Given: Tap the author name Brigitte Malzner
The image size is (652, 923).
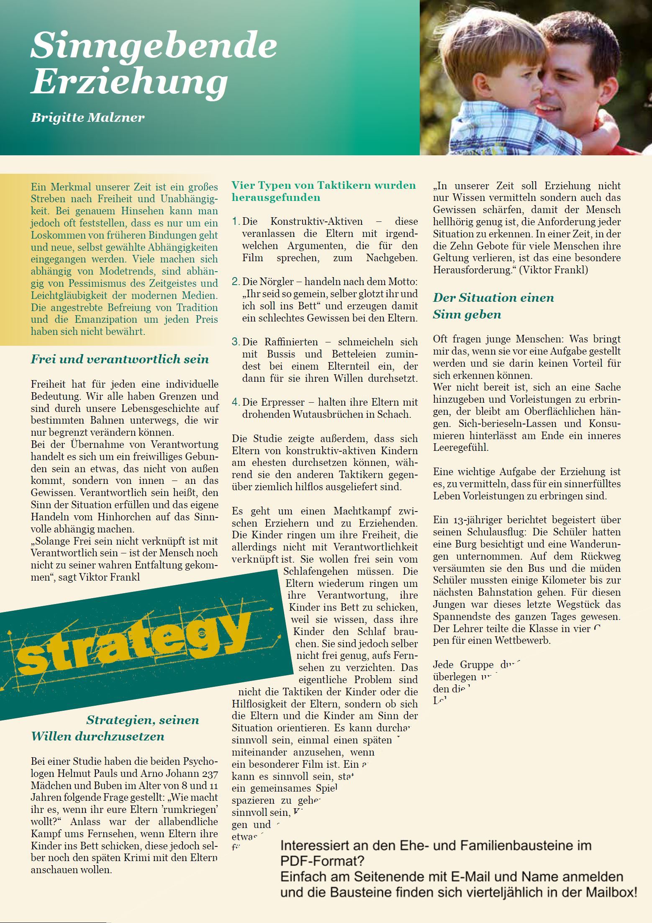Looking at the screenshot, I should click(x=87, y=117).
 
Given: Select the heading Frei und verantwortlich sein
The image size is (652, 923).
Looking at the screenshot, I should click(x=120, y=359).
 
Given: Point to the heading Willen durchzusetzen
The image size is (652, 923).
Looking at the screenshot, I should click(x=98, y=736).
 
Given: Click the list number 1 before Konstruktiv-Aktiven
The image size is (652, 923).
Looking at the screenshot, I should click(x=235, y=221).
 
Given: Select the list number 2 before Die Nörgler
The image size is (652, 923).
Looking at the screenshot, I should click(x=236, y=282).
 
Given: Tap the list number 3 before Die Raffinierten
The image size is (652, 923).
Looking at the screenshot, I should click(x=236, y=342).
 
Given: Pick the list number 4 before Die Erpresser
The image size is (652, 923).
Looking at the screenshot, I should click(x=236, y=402).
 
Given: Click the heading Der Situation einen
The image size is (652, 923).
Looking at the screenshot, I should click(x=493, y=298).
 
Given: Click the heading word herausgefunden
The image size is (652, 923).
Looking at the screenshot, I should click(x=276, y=198).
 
